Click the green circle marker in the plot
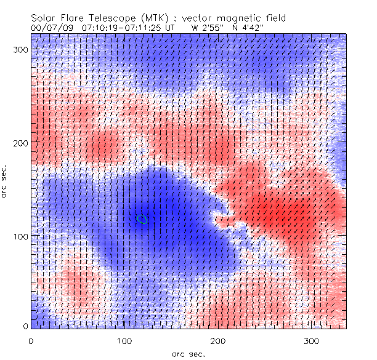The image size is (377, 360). coord(143,219)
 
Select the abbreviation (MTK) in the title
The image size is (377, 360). coord(150,18)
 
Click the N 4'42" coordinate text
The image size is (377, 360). coord(249,28)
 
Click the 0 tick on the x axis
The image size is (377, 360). coord(31,339)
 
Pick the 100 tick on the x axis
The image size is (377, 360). coord(125,339)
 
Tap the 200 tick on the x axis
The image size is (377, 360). coord(219,339)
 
